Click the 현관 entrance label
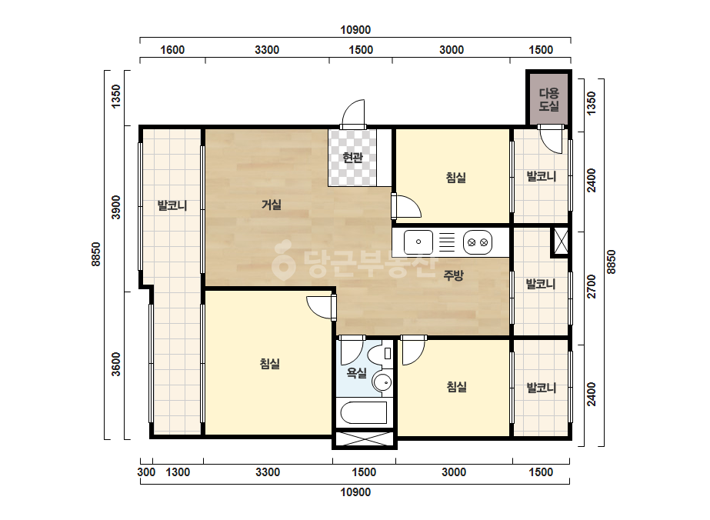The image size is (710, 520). [x=352, y=158]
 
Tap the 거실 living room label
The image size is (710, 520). [x=272, y=205]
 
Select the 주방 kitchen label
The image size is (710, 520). [x=453, y=275]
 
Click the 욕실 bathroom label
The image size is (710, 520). [x=356, y=373]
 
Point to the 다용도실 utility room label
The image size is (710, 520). [x=548, y=100]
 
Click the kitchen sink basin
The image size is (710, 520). [x=418, y=242]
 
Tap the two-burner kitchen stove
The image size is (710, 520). [x=478, y=242]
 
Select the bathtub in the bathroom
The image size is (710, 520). [x=363, y=412]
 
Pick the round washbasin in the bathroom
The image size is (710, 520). [x=382, y=383]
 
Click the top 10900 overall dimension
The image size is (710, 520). [x=355, y=30]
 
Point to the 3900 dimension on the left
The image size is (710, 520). [x=116, y=208]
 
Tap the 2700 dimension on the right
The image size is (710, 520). [x=592, y=286]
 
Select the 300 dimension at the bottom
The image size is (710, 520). [x=146, y=472]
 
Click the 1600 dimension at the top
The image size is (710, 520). [x=172, y=50]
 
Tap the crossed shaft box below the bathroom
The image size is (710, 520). [x=364, y=439]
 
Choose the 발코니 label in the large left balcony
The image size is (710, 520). [x=172, y=205]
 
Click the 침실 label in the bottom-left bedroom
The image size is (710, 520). [x=270, y=364]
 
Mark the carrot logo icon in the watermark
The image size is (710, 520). [x=283, y=260]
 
